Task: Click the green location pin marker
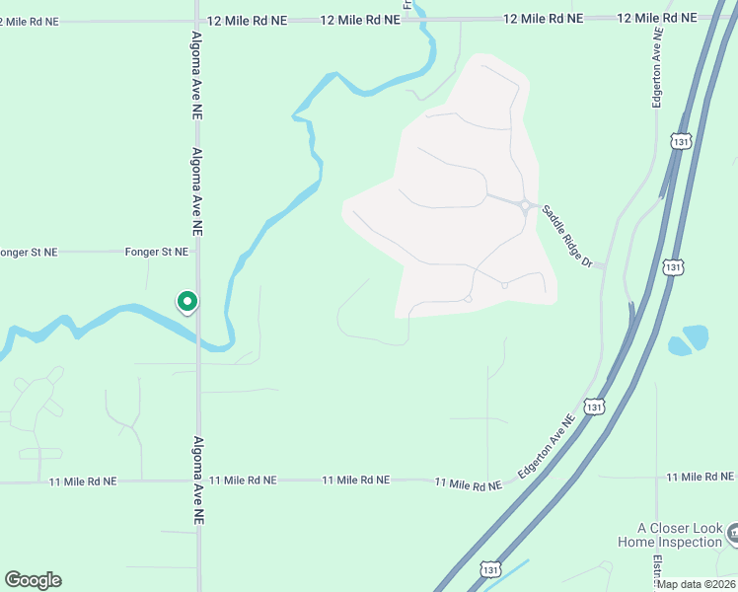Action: coord(186,301)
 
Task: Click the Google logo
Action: coord(33,580)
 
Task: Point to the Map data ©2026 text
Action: coord(697,584)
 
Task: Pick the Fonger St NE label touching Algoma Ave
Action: coord(156,253)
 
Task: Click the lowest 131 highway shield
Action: coord(491,569)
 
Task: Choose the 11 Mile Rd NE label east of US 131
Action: coord(700,478)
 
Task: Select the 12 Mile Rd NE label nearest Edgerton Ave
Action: coord(657,18)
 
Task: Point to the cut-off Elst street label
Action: coord(656,570)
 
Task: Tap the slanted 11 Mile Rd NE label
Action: coord(469,483)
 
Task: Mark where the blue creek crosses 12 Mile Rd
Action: coord(418,18)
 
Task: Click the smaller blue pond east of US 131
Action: coord(678,346)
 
